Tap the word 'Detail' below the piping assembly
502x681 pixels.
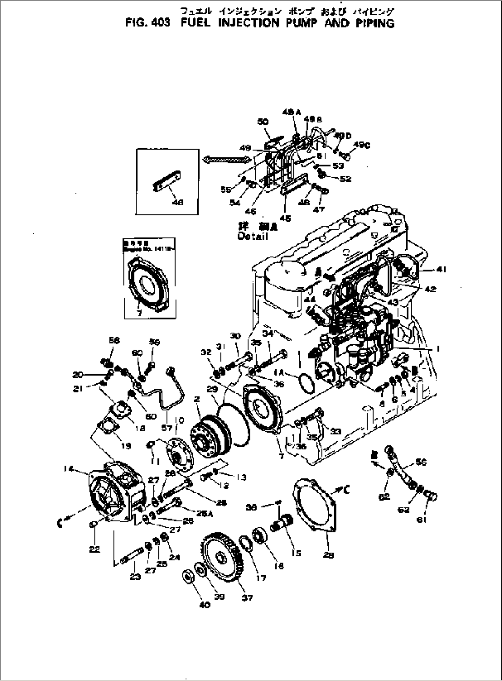[253, 237]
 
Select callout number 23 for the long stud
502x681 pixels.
[135, 577]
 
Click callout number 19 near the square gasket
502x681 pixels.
[125, 445]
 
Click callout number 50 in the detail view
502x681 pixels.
[263, 121]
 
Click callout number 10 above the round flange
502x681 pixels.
[179, 420]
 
